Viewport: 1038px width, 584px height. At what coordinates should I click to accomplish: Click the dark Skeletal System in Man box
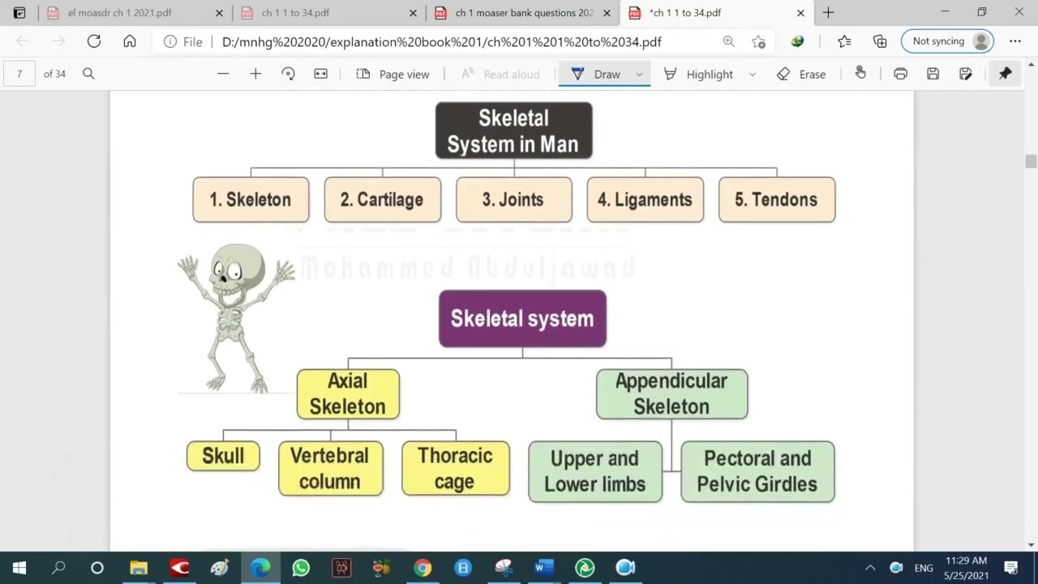pos(513,131)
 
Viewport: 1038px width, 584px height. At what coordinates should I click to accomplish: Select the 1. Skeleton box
pos(251,200)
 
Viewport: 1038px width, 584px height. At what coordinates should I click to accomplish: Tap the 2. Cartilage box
pos(382,200)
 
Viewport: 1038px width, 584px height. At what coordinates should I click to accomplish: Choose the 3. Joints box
pos(513,200)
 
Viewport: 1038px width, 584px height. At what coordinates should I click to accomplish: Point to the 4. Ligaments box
pos(645,200)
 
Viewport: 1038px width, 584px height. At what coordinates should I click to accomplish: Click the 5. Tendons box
pos(776,200)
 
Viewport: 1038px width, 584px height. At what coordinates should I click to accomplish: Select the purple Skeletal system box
pos(522,319)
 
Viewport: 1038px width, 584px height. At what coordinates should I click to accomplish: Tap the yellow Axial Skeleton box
pos(348,394)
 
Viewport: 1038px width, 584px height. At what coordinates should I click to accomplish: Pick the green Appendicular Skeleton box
pos(671,394)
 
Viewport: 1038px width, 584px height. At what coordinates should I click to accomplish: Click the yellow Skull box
pos(223,456)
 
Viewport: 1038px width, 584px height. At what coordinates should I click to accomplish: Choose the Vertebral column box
pos(330,469)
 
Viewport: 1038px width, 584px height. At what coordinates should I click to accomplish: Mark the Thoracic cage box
pos(455,469)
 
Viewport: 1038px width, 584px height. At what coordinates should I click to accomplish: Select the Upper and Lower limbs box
pos(594,471)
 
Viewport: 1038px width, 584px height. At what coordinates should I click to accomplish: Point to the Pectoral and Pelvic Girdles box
pos(757,471)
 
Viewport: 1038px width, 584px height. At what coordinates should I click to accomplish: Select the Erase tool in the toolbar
pos(801,74)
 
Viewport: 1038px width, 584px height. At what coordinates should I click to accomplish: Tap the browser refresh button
pos(94,41)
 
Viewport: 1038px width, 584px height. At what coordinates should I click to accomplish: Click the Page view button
pos(393,74)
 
